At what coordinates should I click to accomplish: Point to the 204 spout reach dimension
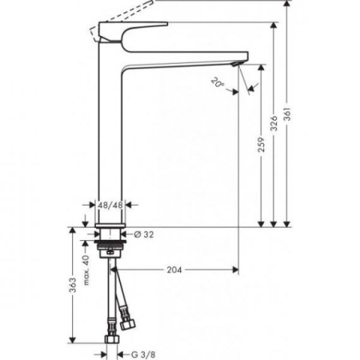click(178, 270)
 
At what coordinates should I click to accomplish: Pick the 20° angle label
click(218, 81)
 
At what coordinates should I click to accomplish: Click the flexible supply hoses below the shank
click(120, 296)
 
